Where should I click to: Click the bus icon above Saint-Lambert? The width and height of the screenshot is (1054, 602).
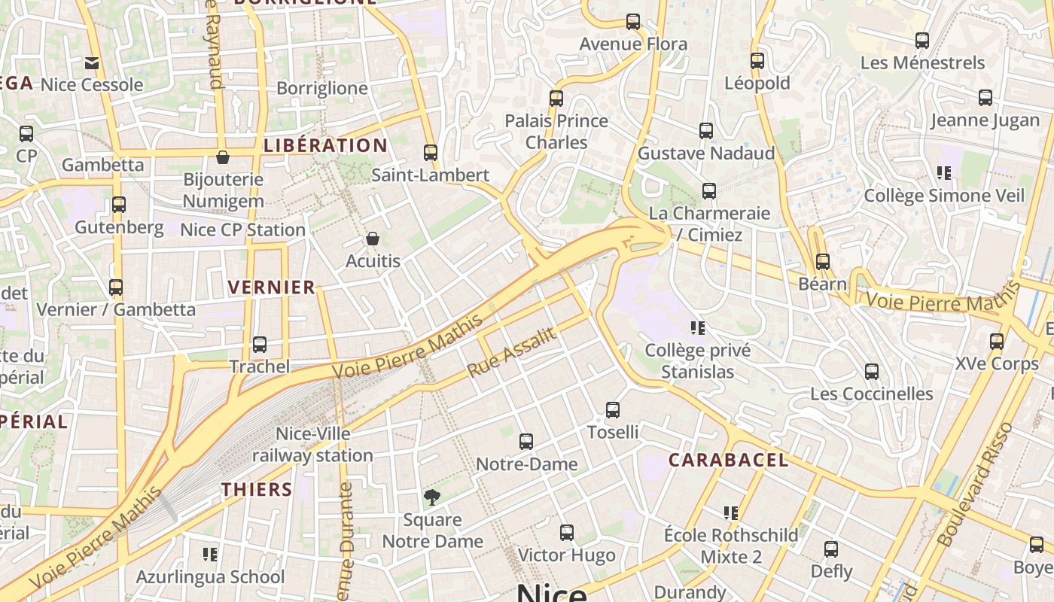click(x=431, y=153)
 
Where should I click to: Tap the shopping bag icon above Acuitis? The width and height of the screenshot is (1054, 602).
click(x=372, y=239)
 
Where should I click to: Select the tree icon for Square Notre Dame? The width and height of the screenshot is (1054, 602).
click(x=432, y=497)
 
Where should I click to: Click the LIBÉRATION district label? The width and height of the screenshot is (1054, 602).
click(x=326, y=145)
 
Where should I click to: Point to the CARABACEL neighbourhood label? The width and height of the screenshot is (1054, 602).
click(x=728, y=460)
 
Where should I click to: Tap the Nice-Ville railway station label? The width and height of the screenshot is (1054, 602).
click(x=312, y=445)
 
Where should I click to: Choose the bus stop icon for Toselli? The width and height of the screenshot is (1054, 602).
click(x=613, y=410)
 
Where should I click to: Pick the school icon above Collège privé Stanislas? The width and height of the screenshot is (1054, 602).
click(x=698, y=328)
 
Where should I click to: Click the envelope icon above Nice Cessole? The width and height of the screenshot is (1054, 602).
click(x=92, y=63)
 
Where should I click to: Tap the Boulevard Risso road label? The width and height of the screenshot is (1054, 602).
click(x=976, y=483)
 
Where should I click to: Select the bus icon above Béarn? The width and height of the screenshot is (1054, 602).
click(x=823, y=262)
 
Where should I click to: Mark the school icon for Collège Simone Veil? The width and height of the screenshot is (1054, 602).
click(x=944, y=174)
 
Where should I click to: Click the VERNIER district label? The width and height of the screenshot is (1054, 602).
click(x=271, y=287)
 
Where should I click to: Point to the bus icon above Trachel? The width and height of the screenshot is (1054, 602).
click(x=260, y=345)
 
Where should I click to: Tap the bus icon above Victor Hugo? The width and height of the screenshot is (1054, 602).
click(x=567, y=533)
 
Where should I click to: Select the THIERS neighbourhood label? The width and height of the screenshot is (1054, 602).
click(x=257, y=489)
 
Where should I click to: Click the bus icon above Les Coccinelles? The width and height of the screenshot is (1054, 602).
click(x=872, y=372)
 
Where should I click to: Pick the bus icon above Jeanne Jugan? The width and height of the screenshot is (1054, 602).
click(x=985, y=98)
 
